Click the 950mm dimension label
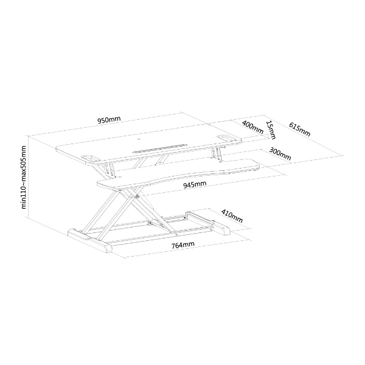[x=109, y=120]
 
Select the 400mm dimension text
[x=253, y=127]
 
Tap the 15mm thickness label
[x=271, y=130]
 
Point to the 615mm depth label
[x=300, y=129]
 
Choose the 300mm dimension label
[x=280, y=154]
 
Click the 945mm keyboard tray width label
[x=195, y=184]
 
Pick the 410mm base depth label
[x=232, y=216]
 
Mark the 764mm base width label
[x=182, y=245]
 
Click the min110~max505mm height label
[x=24, y=177]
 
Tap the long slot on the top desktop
[x=160, y=148]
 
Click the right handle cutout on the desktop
[x=225, y=138]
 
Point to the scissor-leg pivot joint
[x=137, y=196]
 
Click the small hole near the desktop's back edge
[x=139, y=140]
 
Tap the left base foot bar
[x=90, y=241]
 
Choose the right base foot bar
[x=208, y=223]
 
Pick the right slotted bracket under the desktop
[x=217, y=154]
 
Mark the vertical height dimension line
[x=28, y=176]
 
